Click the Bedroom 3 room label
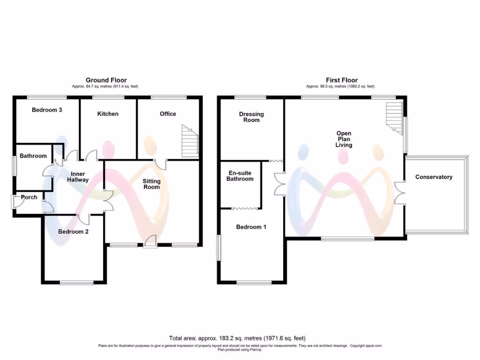point(47,110)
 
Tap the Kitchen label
point(108,114)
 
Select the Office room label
point(168,114)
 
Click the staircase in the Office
point(190,142)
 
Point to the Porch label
point(29,197)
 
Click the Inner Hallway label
point(77,177)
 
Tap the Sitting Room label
point(151,184)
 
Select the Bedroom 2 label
point(74,232)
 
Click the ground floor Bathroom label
point(33,156)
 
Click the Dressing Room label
point(251,117)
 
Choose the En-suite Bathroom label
point(240,176)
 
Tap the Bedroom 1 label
point(251,227)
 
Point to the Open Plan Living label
point(344,139)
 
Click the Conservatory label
point(434,177)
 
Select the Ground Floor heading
point(106,80)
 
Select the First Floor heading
point(342,80)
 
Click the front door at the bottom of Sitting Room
point(150,242)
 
